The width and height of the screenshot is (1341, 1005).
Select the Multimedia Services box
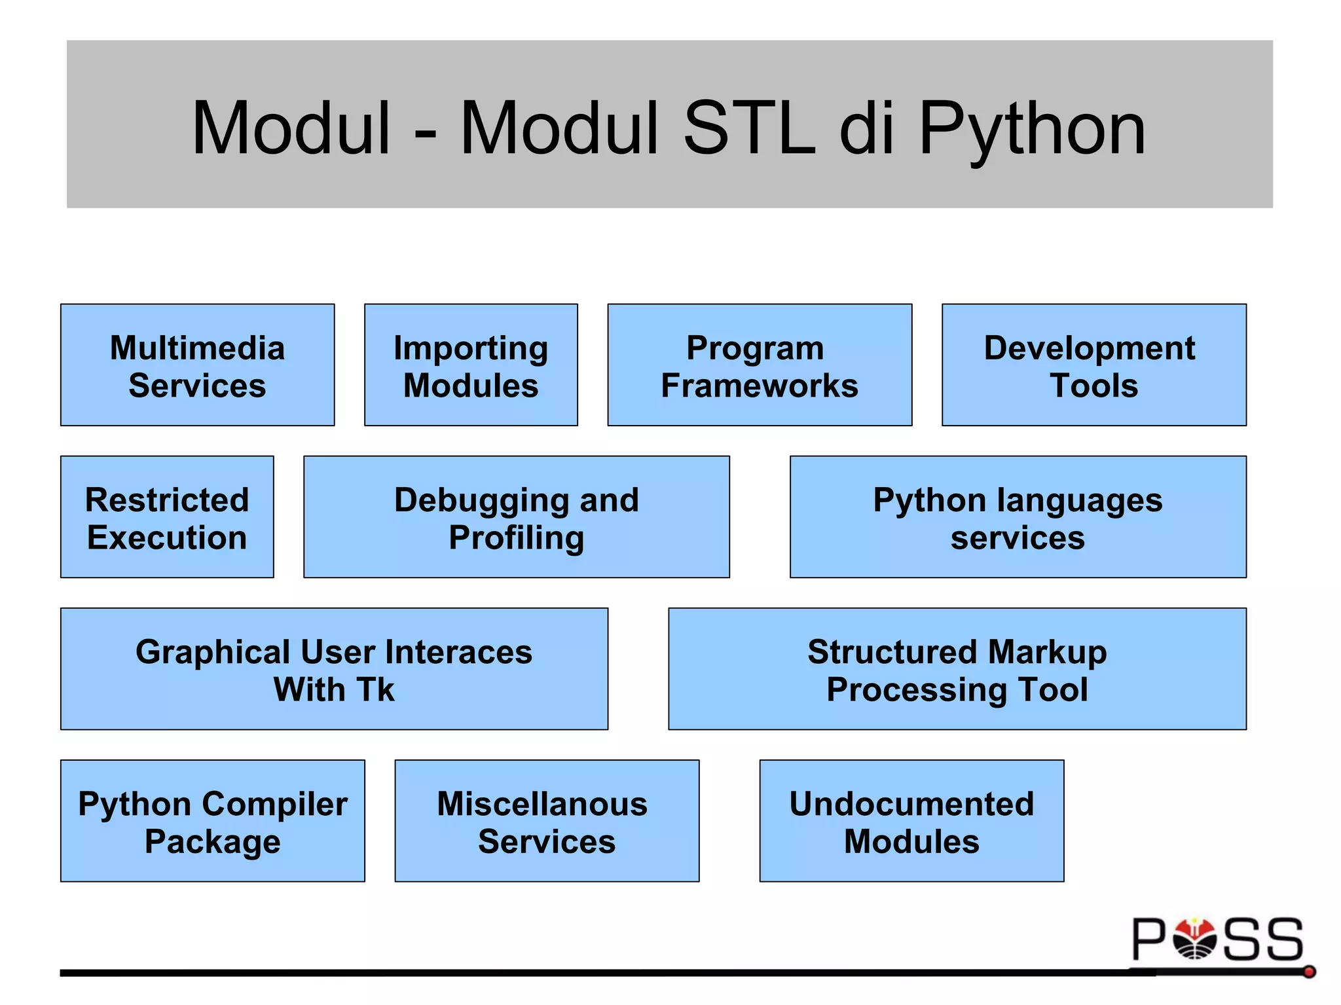[197, 365]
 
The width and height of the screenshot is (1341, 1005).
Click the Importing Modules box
[471, 365]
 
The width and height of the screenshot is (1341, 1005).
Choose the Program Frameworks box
[760, 365]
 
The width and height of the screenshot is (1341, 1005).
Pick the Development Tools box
[1093, 365]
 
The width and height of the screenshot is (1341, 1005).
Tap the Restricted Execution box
[167, 517]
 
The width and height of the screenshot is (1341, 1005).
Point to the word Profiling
[516, 538]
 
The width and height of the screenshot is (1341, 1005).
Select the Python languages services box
[1018, 517]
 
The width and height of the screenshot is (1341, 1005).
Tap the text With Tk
[334, 689]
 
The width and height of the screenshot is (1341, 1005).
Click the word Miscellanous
[542, 804]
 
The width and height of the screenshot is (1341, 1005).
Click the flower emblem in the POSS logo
[1195, 938]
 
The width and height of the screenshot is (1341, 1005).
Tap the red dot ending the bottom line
[1309, 972]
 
